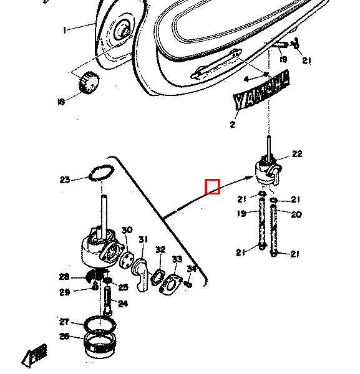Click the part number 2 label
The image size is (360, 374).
coord(233,125)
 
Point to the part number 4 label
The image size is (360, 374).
coord(246,79)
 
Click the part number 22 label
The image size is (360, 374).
coord(296,154)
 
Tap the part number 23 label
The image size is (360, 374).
coord(65,180)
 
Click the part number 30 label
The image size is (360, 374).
coord(127,231)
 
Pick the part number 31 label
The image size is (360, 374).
coord(144,240)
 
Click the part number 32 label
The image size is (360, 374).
coord(160,249)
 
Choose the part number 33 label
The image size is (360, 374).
coord(177,259)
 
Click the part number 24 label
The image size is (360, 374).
coord(123,304)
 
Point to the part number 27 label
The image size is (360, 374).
coord(64,322)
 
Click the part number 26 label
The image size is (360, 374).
coord(64,337)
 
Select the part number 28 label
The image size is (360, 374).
coord(64,277)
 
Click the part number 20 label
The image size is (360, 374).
coord(296,215)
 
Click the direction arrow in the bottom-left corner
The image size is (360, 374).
coord(35,355)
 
